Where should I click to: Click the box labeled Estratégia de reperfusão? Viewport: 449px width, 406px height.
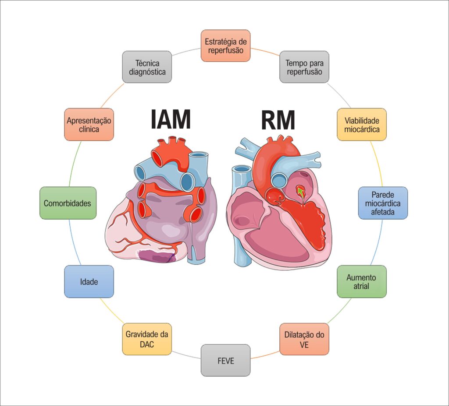[226, 45]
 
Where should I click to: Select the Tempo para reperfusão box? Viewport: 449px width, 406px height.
[304, 67]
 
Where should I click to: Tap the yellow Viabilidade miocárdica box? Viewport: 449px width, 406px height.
[362, 125]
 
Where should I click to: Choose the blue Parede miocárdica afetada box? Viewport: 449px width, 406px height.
[383, 203]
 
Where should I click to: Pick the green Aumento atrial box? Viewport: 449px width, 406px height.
[362, 282]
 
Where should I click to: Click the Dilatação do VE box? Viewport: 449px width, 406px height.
[304, 339]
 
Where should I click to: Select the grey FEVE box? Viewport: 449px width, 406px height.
[226, 360]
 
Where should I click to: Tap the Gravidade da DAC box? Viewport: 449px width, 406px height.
[147, 339]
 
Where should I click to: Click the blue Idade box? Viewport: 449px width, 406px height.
[89, 282]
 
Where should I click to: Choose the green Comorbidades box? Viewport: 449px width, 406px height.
[68, 203]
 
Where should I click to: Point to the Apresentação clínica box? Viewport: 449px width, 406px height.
[89, 125]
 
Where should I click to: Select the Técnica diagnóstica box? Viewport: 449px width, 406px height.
[147, 67]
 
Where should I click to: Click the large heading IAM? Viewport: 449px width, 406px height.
[171, 119]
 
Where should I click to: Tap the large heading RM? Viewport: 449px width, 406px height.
[278, 120]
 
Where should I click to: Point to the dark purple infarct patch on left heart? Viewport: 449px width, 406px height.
[157, 256]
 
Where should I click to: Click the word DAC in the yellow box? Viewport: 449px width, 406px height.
[147, 344]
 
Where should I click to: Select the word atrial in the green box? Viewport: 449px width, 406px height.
[361, 286]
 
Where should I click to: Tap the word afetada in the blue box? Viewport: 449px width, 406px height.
[383, 212]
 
